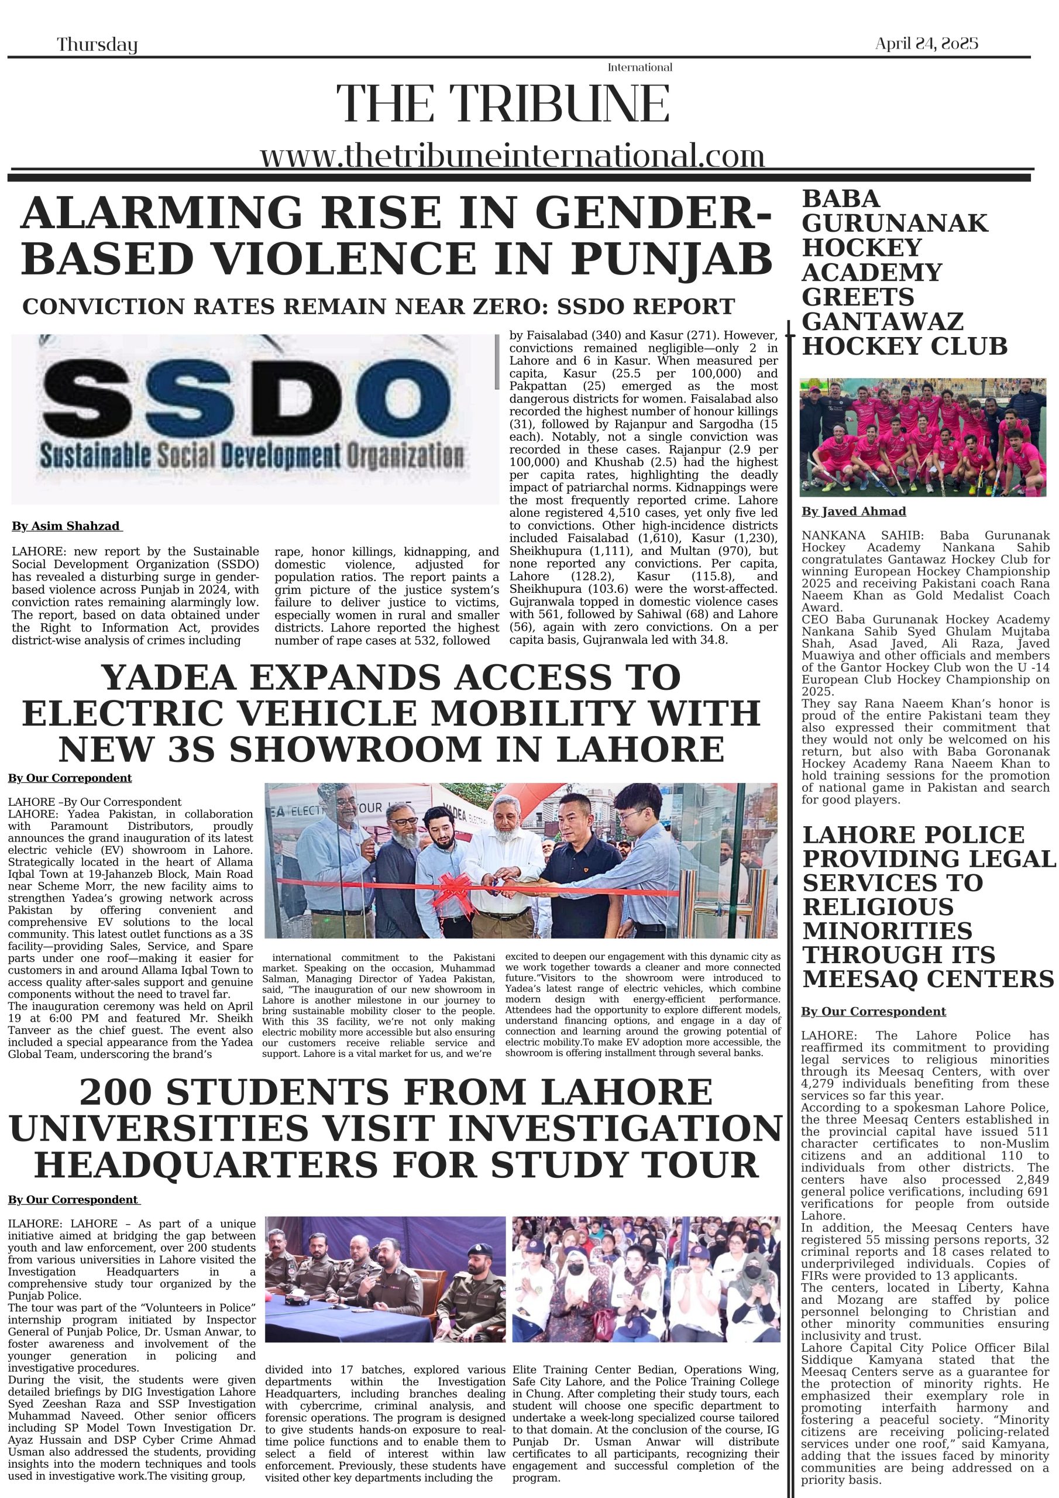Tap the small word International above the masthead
639,67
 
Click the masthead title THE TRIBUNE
503,104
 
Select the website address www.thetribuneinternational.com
512,157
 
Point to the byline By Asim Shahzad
67,526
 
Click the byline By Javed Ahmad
854,511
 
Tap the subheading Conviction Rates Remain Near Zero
379,307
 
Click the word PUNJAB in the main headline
672,259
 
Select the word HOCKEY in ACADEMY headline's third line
861,248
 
